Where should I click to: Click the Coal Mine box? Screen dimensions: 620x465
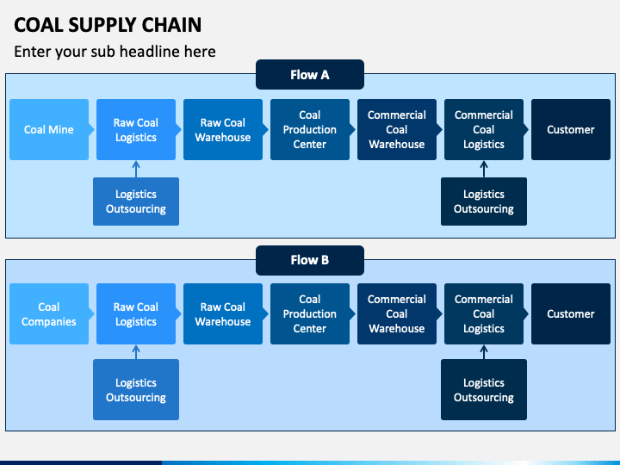pos(49,130)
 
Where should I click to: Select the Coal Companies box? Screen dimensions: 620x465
pos(49,314)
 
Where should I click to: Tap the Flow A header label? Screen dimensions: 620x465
pos(310,75)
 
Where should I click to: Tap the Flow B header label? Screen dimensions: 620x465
pos(310,260)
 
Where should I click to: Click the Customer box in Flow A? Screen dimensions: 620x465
pos(571,130)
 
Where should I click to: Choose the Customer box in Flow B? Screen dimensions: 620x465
pos(571,314)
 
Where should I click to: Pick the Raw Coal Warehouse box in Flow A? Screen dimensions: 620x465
pos(223,130)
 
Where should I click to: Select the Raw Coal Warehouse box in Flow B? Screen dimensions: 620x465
pos(223,314)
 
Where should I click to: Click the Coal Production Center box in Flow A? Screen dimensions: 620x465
pos(310,130)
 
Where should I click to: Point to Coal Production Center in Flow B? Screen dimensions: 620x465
pos(310,314)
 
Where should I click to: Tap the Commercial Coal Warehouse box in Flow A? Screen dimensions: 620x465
pos(397,130)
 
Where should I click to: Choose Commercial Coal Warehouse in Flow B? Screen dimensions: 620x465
pos(397,314)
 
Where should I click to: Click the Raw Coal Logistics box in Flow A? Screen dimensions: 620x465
pos(136,130)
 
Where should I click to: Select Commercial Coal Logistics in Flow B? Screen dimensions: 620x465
pos(484,314)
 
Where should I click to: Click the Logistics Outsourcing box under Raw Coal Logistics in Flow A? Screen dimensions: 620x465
pos(136,201)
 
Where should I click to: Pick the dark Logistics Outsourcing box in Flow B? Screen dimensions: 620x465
pos(484,389)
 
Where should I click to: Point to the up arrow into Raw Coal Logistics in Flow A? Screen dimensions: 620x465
pos(136,169)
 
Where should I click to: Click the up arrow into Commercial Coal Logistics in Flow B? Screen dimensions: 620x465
pos(484,352)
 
